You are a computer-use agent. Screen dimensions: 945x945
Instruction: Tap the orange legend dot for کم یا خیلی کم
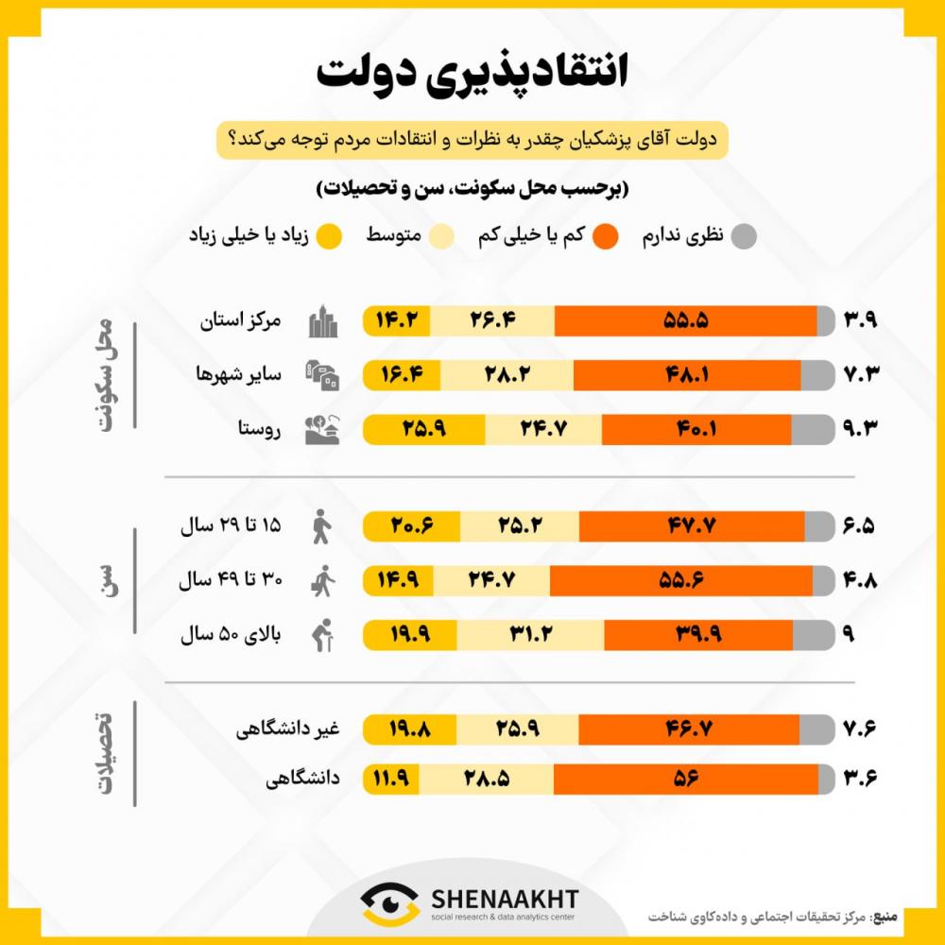(x=608, y=235)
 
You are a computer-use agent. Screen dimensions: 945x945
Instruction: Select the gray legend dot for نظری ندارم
(x=745, y=235)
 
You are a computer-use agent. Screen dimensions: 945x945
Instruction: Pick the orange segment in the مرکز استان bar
(x=685, y=321)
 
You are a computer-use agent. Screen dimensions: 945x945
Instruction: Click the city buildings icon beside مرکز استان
(x=323, y=321)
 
